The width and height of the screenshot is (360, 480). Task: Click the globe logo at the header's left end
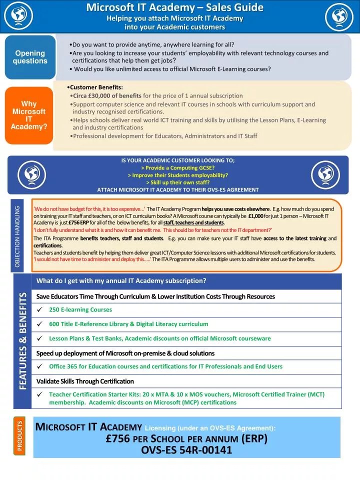(18, 16)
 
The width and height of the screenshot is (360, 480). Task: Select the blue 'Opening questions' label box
(30, 57)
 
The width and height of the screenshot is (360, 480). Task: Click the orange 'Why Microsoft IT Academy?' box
(29, 115)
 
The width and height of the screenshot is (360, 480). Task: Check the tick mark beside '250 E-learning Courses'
(39, 310)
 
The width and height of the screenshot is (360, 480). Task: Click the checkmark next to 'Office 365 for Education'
(39, 366)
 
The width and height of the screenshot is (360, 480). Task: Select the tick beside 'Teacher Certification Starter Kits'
(39, 394)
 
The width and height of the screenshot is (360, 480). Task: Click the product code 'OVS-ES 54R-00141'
(186, 450)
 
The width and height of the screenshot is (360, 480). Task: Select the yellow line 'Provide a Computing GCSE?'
(177, 168)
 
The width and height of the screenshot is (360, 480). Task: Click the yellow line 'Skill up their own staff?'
(177, 182)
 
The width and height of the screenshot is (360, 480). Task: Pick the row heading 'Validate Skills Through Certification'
(85, 381)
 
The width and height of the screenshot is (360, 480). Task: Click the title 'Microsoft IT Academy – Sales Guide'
(174, 7)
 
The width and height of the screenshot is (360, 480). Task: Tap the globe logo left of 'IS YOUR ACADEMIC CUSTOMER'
(32, 174)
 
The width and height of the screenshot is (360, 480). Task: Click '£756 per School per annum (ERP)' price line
(186, 438)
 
